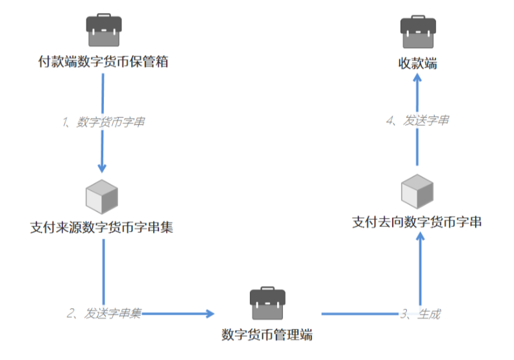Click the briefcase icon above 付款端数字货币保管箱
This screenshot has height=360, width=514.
pos(104,31)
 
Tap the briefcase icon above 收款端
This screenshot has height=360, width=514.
pos(418,31)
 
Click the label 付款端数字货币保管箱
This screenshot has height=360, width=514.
pos(104,63)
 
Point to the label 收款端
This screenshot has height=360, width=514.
pos(418,63)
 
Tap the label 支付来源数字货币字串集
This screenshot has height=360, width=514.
pos(102,228)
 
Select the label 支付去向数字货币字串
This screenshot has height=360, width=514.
pos(417,222)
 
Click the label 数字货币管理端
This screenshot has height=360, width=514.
pos(267,335)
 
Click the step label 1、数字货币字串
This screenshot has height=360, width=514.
pos(104,122)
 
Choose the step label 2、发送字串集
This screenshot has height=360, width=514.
pos(104,314)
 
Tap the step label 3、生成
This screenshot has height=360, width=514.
pos(420,314)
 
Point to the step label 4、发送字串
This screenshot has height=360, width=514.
pos(417,120)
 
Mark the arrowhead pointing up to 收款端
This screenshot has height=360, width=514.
pos(418,78)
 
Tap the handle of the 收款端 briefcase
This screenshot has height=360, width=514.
pos(418,19)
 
